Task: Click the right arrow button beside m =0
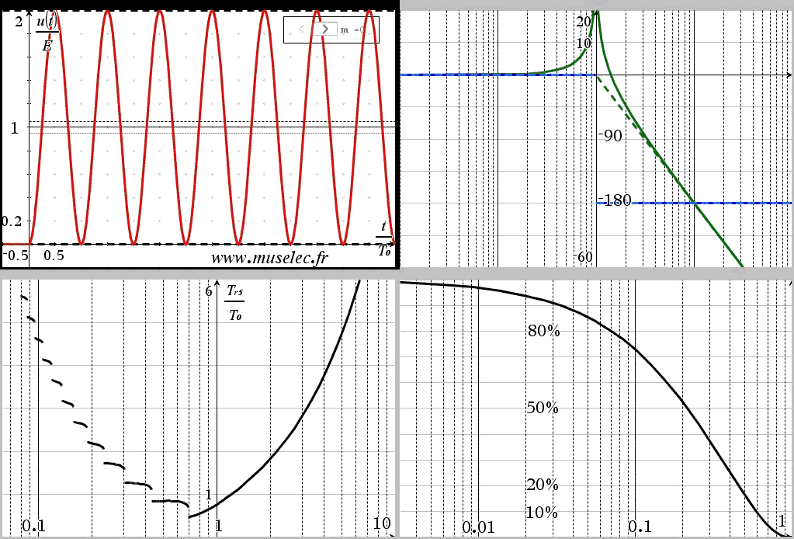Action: coord(324,29)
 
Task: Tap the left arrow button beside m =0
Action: coord(301,29)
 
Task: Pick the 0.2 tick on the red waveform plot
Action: coord(12,221)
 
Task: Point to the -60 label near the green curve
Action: coord(584,258)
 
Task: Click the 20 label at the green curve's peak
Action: coord(584,23)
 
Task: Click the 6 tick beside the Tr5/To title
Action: coord(208,291)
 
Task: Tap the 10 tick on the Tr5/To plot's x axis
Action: coord(382,523)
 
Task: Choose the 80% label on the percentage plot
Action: coord(543,331)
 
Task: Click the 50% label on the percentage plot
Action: coord(543,408)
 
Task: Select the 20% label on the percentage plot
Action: coord(543,485)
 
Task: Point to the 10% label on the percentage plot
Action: coord(543,513)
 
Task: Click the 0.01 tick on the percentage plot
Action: coord(478,527)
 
